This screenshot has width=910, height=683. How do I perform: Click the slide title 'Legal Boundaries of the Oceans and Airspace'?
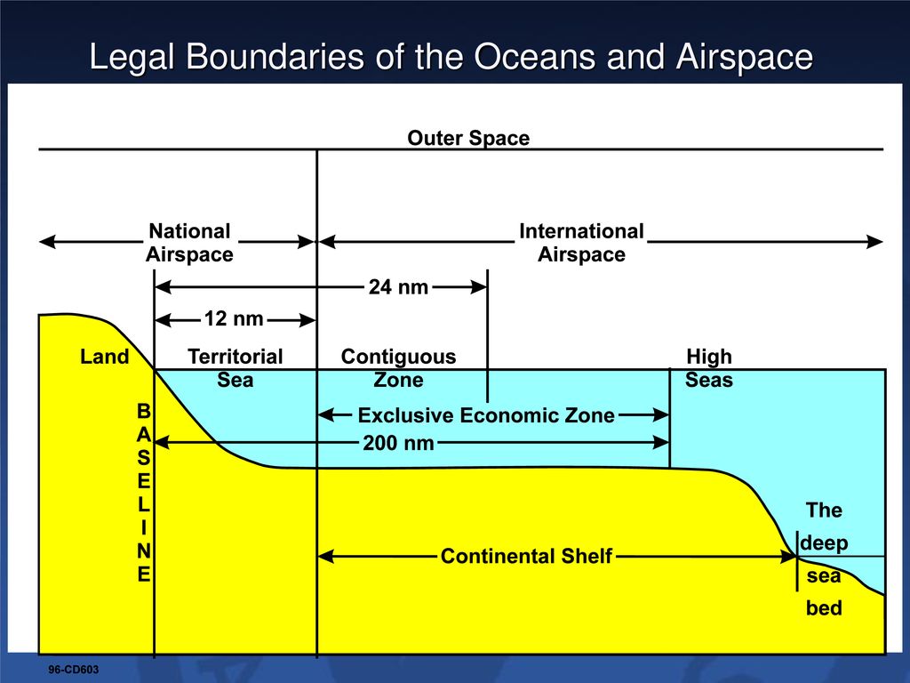[x=451, y=57]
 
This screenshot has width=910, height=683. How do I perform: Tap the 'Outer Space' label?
[x=468, y=138]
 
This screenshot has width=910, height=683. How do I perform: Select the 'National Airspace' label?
[x=189, y=243]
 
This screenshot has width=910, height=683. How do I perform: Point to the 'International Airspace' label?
[x=581, y=243]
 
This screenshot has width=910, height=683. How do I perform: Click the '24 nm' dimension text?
[x=399, y=287]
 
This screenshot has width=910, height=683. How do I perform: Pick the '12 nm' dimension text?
[x=234, y=319]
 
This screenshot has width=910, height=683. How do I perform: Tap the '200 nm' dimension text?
[x=399, y=443]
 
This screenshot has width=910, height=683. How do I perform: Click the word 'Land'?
[x=105, y=357]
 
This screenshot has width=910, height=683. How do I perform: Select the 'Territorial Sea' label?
[x=235, y=368]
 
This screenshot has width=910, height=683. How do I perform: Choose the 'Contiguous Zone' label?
[x=399, y=368]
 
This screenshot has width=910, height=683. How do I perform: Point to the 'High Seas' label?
[x=709, y=368]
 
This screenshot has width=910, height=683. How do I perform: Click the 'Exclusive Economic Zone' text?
[x=486, y=415]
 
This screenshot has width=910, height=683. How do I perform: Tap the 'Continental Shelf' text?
[x=526, y=557]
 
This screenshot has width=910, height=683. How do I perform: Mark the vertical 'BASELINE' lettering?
[x=143, y=493]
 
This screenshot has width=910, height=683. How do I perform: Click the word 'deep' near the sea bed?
[x=824, y=543]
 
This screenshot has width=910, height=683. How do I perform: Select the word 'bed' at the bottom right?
[x=824, y=608]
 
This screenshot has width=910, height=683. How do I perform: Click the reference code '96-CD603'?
[x=73, y=670]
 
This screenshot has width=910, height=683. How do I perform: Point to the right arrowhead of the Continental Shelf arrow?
[x=789, y=557]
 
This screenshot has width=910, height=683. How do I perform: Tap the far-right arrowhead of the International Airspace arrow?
[x=874, y=242]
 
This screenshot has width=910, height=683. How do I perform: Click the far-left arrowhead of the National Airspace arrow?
[x=48, y=242]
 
